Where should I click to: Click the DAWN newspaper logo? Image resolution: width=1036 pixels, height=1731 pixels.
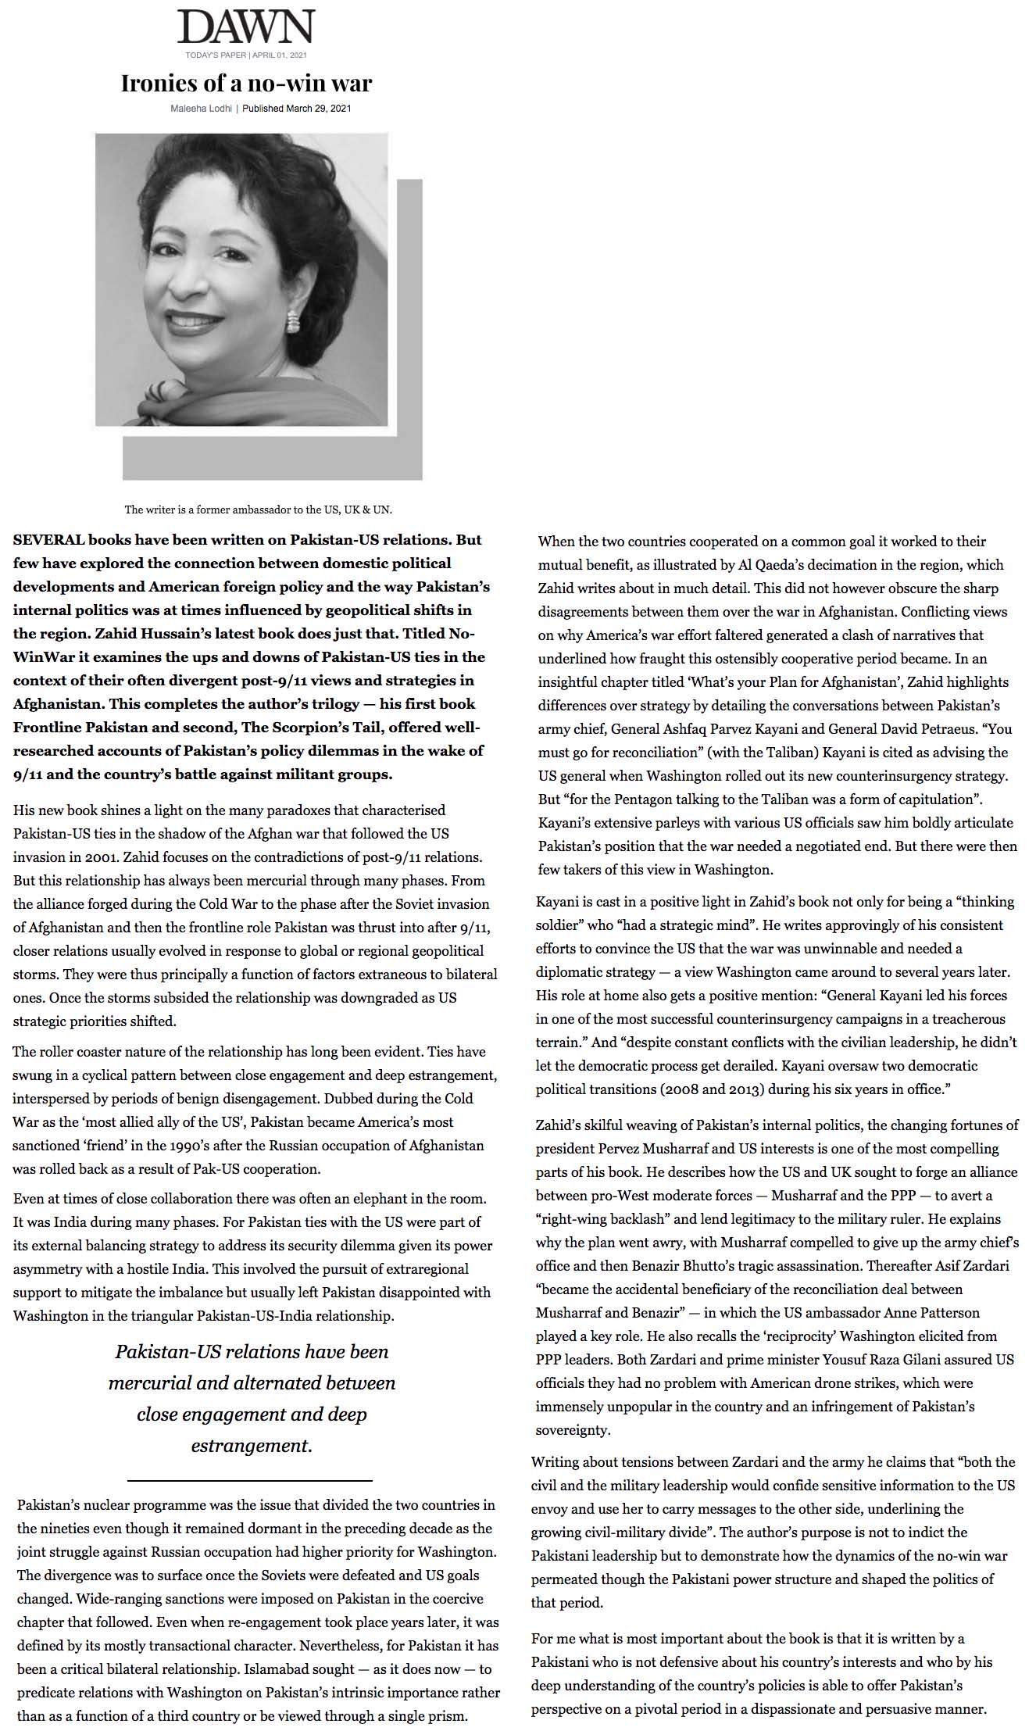click(245, 27)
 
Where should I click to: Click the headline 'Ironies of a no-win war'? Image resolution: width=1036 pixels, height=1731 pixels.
click(246, 82)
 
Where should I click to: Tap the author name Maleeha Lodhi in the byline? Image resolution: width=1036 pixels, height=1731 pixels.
click(202, 109)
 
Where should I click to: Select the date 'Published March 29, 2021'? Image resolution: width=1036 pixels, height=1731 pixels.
click(296, 109)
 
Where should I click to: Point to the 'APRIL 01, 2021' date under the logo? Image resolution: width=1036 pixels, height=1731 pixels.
click(280, 55)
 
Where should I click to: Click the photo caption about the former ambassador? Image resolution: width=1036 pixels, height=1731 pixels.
click(258, 510)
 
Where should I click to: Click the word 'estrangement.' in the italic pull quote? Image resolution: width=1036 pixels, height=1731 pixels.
click(252, 1445)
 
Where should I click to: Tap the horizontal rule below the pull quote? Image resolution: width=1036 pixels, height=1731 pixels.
click(249, 1480)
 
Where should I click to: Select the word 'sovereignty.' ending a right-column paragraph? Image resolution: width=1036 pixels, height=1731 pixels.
click(573, 1429)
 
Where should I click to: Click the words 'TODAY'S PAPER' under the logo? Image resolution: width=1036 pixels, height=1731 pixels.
click(216, 55)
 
